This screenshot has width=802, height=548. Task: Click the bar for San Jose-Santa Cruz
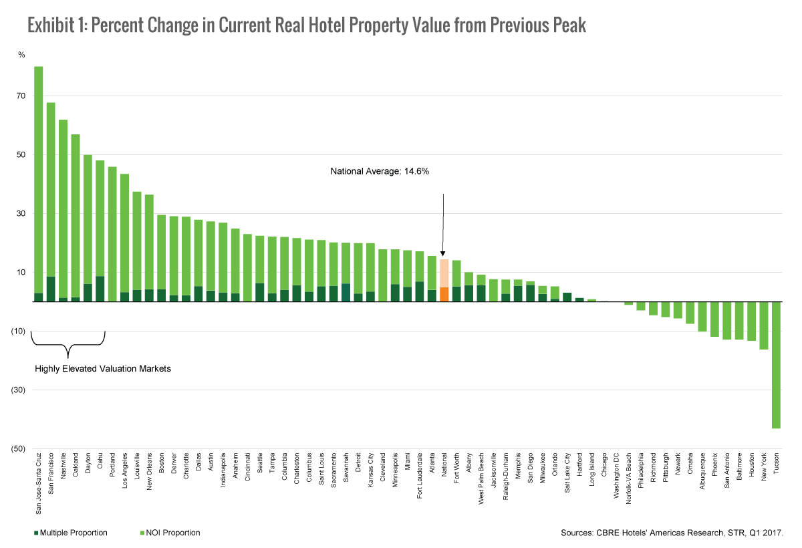click(x=38, y=180)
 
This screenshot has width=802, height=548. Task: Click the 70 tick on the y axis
click(x=21, y=96)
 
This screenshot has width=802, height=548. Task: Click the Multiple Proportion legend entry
click(x=70, y=533)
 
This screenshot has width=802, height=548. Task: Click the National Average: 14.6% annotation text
click(x=380, y=172)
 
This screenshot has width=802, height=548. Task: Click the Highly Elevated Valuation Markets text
click(x=102, y=368)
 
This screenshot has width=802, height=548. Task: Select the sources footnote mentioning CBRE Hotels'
click(x=672, y=533)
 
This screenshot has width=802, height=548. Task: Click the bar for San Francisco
click(x=51, y=200)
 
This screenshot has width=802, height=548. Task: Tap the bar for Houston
click(x=751, y=321)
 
